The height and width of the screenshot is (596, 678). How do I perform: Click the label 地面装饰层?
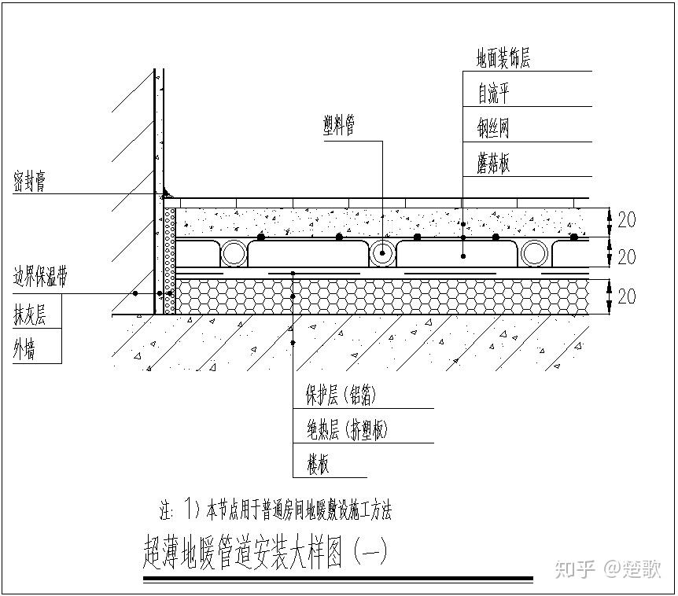coord(503,59)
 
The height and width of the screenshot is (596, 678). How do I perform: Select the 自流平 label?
coord(494,94)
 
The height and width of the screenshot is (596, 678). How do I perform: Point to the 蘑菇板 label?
coord(494,164)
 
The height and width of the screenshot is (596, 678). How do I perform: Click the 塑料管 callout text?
coord(338,124)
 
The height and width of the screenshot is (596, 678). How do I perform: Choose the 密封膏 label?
coord(29,182)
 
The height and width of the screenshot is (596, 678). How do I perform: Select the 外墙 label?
coord(24,350)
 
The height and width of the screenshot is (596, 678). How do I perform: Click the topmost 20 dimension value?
coord(626,220)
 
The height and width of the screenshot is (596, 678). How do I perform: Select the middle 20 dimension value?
coord(626,256)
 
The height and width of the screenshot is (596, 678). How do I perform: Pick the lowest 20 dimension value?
coord(626,296)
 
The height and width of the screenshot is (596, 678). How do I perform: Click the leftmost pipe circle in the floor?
coord(234,253)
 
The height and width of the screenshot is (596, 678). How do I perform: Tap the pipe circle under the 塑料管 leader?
coord(382,253)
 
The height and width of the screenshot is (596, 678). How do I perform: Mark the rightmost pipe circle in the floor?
coord(534,253)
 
